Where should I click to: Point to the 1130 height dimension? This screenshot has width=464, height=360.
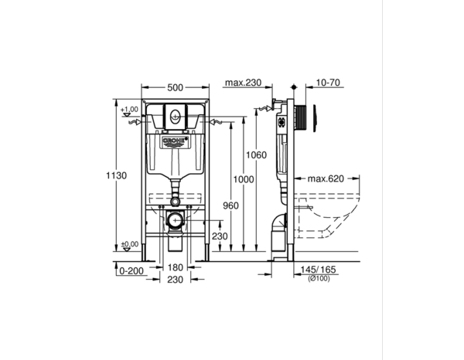pos(116,176)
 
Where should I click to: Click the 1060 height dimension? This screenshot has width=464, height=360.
pos(258,155)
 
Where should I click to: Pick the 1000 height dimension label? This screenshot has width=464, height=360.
pos(244,178)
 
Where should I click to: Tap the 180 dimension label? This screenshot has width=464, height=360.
pos(175,268)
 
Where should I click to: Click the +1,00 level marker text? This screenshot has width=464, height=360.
pos(129,110)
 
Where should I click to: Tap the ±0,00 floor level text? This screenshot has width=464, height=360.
pos(129,245)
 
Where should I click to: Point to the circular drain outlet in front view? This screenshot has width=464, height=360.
pos(176,221)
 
